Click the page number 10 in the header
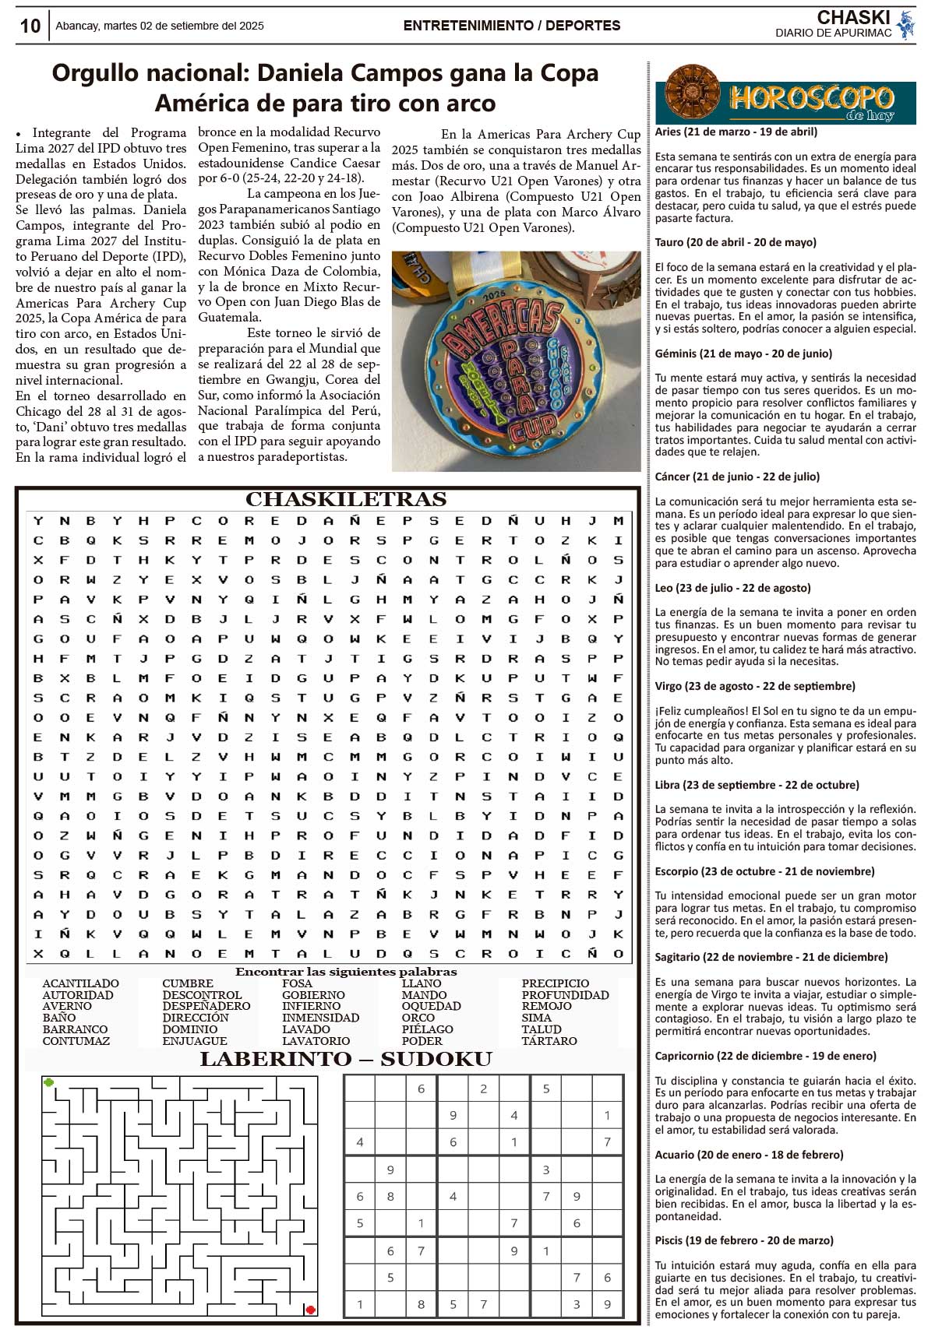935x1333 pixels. point(30,26)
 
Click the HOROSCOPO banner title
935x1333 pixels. point(810,98)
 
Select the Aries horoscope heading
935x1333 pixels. point(736,132)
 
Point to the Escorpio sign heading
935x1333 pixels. point(764,871)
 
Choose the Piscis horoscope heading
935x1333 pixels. point(744,1240)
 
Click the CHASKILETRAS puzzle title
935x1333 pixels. point(346,499)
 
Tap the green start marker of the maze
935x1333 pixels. point(49,1082)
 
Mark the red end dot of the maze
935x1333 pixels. point(310,1310)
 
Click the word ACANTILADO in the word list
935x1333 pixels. point(80,983)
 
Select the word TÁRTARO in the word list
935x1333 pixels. point(549,1041)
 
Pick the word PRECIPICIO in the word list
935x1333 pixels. point(555,983)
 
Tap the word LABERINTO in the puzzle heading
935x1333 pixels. point(265,1059)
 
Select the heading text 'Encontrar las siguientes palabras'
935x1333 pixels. point(346,972)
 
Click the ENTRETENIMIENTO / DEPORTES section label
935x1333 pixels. point(512,26)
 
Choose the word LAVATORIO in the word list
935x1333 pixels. point(316,1041)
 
